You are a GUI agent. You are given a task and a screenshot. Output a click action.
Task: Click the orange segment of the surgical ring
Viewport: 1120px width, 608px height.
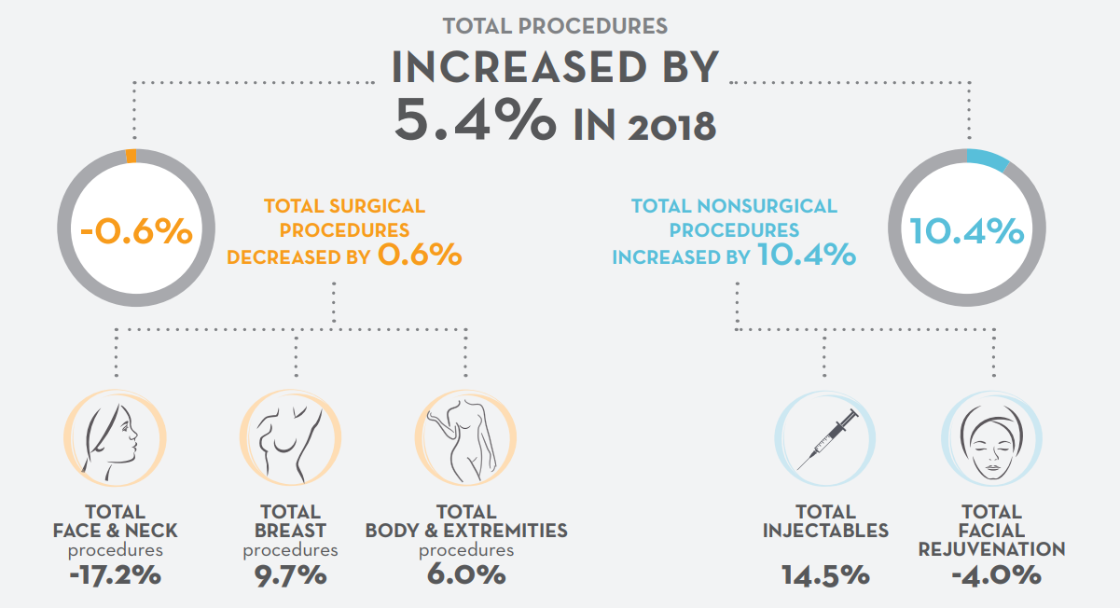(x=131, y=156)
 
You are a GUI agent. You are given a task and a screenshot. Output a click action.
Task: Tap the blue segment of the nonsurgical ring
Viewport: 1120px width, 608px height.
(x=988, y=160)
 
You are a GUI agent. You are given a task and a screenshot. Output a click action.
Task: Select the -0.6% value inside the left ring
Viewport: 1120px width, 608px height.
(x=136, y=231)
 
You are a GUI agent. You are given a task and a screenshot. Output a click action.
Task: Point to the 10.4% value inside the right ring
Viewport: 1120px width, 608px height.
(x=966, y=231)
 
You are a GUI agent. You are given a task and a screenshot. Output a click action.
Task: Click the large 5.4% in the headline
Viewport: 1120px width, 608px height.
(x=475, y=119)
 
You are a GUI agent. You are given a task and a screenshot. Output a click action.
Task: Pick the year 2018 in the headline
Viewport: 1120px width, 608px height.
(x=671, y=127)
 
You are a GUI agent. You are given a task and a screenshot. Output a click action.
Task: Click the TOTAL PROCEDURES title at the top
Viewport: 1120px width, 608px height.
(x=555, y=26)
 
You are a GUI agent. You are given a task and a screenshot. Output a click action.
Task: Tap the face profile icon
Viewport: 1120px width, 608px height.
(x=115, y=438)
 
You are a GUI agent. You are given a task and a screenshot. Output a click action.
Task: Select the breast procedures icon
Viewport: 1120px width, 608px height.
(x=291, y=438)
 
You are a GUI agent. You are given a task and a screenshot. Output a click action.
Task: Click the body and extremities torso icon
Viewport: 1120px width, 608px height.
(x=465, y=438)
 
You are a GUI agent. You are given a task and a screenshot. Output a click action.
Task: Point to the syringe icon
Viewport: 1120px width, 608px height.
(x=825, y=438)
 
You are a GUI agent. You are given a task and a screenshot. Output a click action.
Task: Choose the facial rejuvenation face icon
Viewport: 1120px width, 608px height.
(x=992, y=438)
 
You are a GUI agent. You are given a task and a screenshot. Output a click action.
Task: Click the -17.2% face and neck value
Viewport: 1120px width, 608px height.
(x=115, y=575)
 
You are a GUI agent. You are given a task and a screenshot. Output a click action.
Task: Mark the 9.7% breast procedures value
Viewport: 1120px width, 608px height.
(x=291, y=575)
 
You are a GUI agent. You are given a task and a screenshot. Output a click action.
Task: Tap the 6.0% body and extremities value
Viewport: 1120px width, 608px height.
(x=466, y=575)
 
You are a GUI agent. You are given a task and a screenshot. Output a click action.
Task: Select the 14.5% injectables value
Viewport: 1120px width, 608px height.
(x=825, y=575)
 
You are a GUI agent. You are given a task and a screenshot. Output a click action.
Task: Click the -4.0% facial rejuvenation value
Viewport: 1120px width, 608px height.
(x=996, y=575)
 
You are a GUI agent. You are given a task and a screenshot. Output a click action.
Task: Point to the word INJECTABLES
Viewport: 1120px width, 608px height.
(x=825, y=531)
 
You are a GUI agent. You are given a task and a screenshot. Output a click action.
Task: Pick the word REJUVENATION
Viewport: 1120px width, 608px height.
(x=992, y=549)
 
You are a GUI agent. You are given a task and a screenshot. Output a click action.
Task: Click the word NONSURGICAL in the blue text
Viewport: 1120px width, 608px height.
(x=767, y=206)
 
